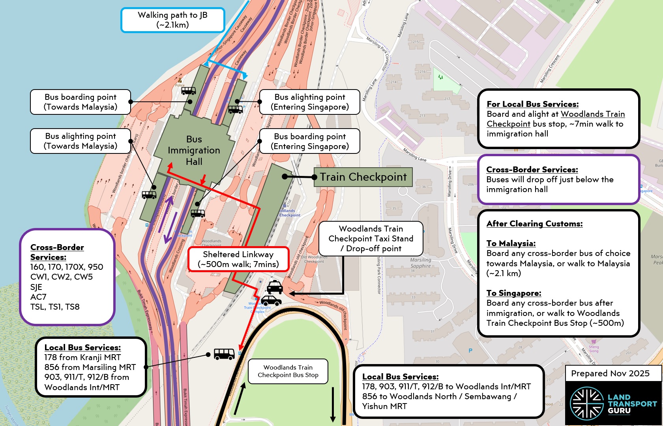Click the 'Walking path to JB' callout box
point(172,20)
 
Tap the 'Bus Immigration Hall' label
point(194,150)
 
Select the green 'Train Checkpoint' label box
point(363,177)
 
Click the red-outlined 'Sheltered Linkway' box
point(238,260)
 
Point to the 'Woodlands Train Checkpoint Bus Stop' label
point(288,371)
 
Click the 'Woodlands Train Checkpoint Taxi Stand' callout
point(371,238)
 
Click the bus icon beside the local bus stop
point(224,354)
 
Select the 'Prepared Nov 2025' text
point(610,374)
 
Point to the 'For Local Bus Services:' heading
point(532,104)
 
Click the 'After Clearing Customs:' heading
point(534,224)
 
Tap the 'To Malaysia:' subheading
point(511,243)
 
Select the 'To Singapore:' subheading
point(514,293)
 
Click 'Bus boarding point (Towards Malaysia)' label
point(81,102)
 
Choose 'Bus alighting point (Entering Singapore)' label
point(310,102)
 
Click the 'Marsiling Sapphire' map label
point(421,263)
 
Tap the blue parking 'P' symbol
point(470,351)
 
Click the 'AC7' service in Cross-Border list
point(38,297)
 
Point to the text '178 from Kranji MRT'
point(82,357)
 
